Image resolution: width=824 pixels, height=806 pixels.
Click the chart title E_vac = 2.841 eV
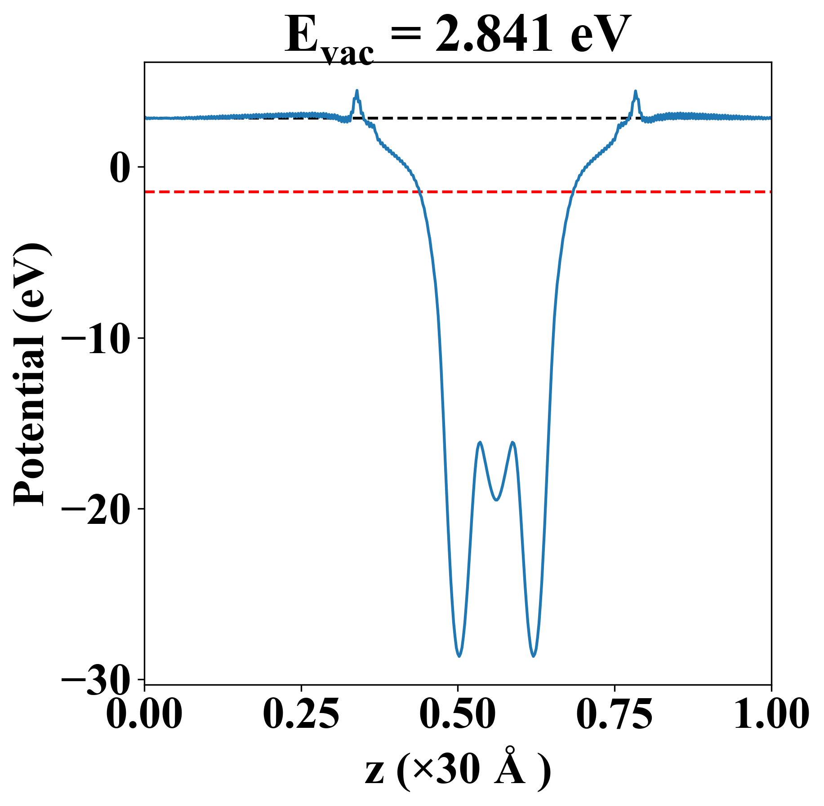click(x=458, y=36)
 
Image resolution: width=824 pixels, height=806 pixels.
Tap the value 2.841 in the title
click(x=493, y=34)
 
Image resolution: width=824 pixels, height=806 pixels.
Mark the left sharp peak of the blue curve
click(x=357, y=91)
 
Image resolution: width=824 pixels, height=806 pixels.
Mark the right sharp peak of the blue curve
click(x=635, y=92)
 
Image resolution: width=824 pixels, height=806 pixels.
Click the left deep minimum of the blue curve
click(x=459, y=655)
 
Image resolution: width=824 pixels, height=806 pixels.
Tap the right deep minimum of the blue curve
click(x=534, y=655)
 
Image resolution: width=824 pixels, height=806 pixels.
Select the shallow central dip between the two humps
click(x=496, y=500)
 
